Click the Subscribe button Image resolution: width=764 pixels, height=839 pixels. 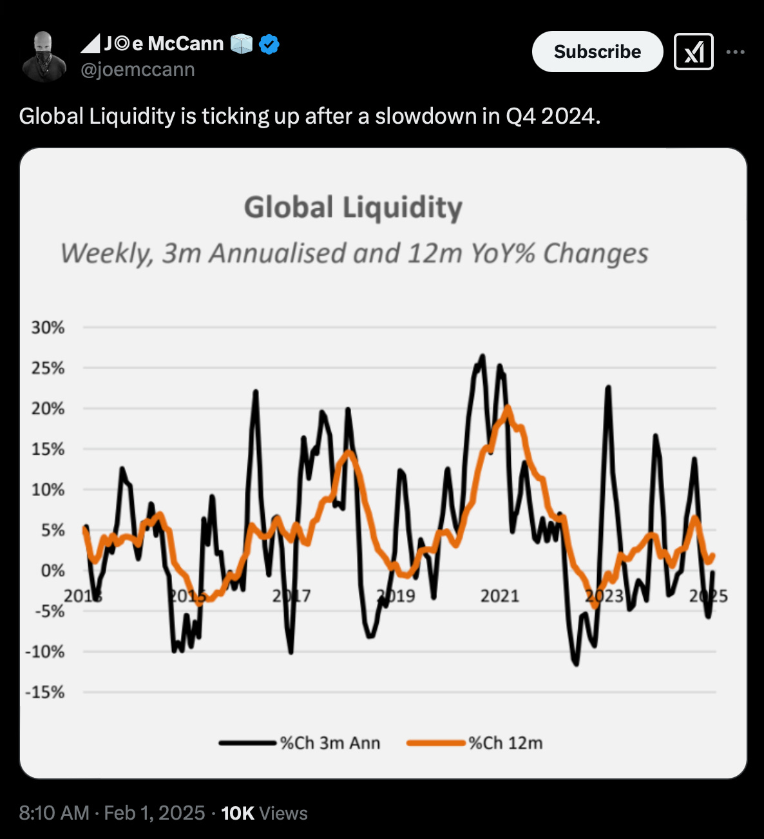click(x=597, y=52)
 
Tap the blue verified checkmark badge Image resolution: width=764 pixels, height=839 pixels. click(x=269, y=44)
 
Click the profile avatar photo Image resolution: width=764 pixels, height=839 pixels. click(x=44, y=57)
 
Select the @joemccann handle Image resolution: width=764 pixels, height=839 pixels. click(x=137, y=70)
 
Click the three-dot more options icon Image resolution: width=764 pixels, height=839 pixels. click(x=736, y=52)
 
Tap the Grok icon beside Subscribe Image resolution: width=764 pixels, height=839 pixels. click(x=693, y=52)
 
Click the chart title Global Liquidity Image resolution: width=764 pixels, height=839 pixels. click(x=353, y=207)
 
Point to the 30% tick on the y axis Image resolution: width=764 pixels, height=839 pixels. click(x=48, y=327)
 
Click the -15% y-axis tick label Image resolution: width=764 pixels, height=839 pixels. click(x=45, y=692)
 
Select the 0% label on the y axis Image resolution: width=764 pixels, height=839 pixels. click(x=52, y=571)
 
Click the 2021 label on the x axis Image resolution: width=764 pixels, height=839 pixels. click(x=499, y=596)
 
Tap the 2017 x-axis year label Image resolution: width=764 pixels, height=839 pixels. click(x=291, y=596)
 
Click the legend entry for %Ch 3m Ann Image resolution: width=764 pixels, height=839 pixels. click(x=300, y=743)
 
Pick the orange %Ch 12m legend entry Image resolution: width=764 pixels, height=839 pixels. click(x=475, y=743)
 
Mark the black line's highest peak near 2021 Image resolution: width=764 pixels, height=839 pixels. click(x=482, y=356)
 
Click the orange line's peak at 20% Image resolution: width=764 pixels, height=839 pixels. click(x=508, y=407)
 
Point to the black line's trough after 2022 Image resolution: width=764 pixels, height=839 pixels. click(x=575, y=663)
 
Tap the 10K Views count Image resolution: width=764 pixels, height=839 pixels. click(x=264, y=813)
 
